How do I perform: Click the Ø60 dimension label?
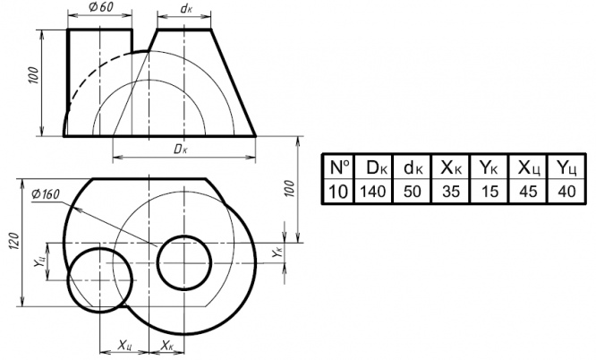[x=101, y=7]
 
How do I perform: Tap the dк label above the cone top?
[x=186, y=8]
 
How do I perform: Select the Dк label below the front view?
[x=181, y=150]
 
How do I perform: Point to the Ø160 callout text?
[x=46, y=194]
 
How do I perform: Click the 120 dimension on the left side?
[x=13, y=241]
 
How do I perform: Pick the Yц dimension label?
[x=39, y=261]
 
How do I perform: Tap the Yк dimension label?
[x=278, y=253]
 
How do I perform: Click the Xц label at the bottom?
[x=125, y=346]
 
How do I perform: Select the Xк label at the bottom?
[x=166, y=346]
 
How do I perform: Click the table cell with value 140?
[x=373, y=191]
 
